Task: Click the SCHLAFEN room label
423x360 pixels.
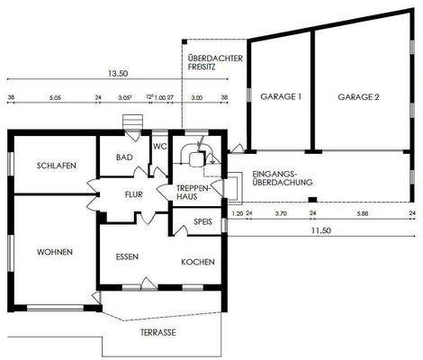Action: (x=56, y=166)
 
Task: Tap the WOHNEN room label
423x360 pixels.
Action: (x=55, y=251)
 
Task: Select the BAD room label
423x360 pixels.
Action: (x=125, y=157)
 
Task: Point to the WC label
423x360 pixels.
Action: (x=159, y=146)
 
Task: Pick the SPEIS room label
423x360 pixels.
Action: (x=202, y=220)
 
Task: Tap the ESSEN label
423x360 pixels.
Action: (x=127, y=257)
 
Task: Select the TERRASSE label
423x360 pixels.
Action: (x=157, y=332)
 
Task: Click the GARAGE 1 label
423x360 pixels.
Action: (x=280, y=95)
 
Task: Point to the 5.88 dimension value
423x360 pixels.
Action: (x=362, y=214)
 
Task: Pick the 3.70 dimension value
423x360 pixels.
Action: (x=280, y=214)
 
